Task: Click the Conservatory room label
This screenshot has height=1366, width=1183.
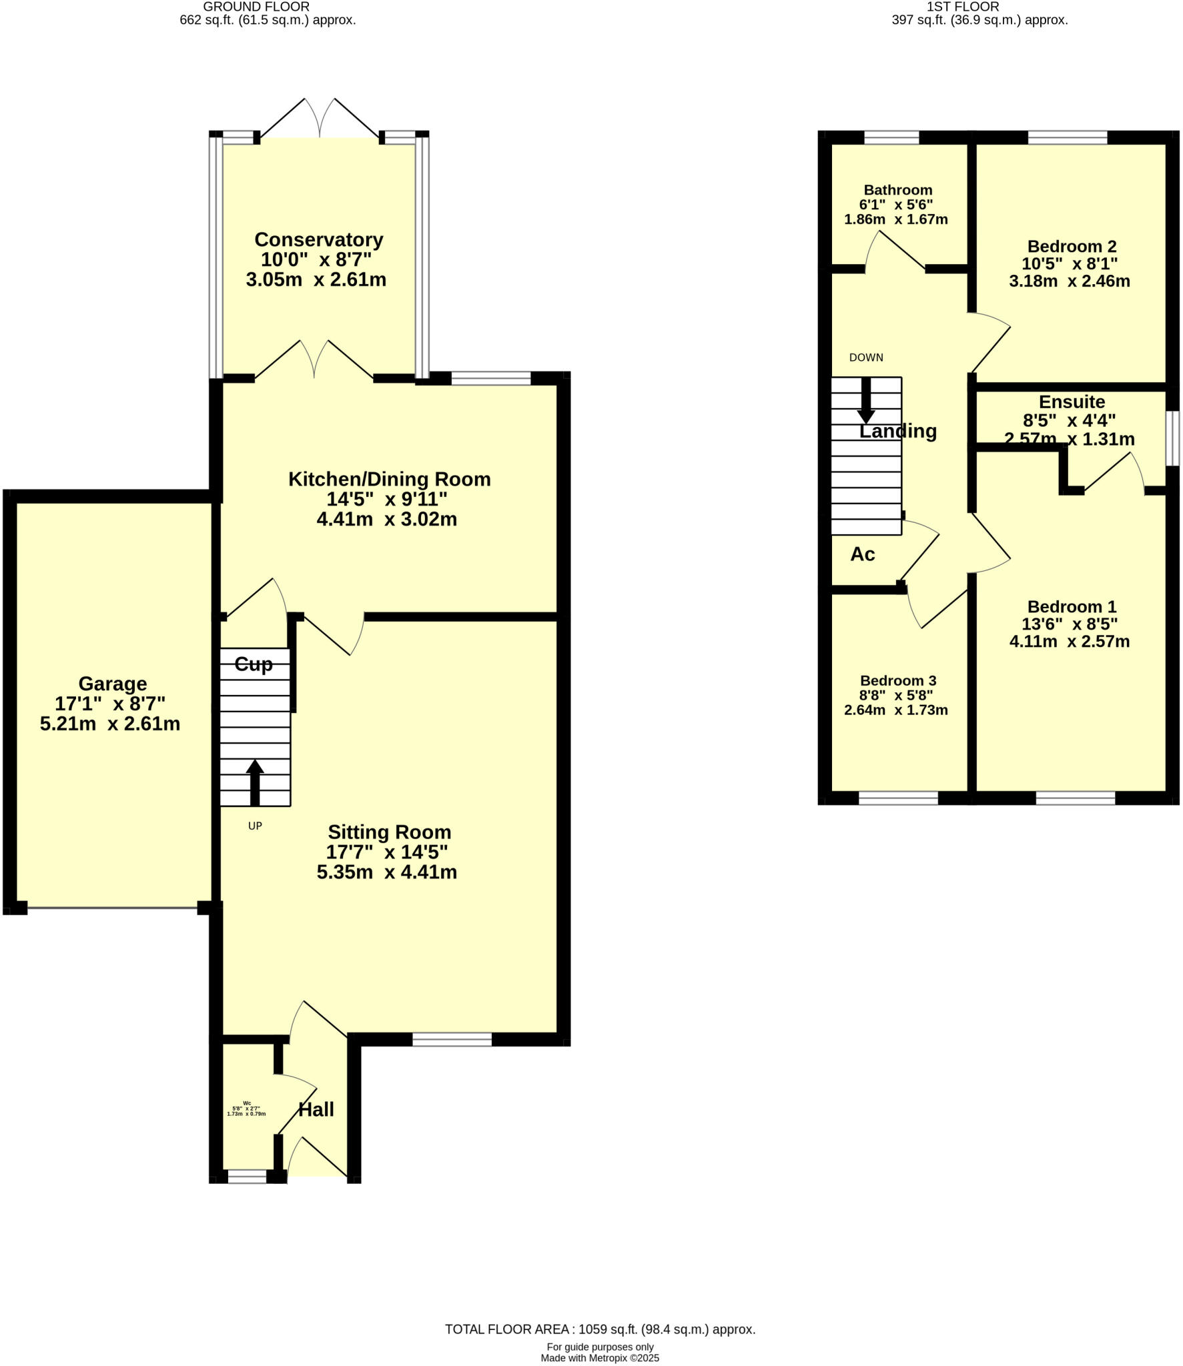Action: click(x=318, y=239)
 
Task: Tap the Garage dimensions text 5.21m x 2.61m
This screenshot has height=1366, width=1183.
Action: click(x=110, y=724)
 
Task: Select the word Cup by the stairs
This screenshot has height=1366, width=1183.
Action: click(x=254, y=664)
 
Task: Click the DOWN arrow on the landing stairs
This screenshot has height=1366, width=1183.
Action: click(x=866, y=400)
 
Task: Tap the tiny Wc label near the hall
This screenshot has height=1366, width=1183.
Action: click(x=247, y=1103)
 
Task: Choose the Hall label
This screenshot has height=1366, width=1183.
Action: click(x=316, y=1110)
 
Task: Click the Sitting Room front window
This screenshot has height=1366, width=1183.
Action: click(x=452, y=1039)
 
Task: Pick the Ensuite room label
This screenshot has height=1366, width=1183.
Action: click(x=1072, y=402)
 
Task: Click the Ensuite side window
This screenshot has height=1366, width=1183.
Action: click(x=1172, y=438)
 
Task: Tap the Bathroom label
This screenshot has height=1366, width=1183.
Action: click(x=897, y=190)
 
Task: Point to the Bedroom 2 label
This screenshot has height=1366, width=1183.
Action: click(x=1072, y=246)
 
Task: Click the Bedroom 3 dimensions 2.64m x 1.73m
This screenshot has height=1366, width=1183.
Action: click(x=895, y=710)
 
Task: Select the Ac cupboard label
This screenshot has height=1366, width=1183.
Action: click(x=862, y=554)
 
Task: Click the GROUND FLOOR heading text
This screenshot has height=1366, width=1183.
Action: click(x=256, y=7)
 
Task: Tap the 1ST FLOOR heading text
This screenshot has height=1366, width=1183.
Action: click(x=962, y=7)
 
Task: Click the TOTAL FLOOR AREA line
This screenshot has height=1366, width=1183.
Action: click(x=600, y=1329)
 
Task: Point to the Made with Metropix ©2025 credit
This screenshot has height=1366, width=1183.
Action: click(x=599, y=1358)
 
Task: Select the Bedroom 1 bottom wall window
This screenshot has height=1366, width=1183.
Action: click(x=1075, y=798)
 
